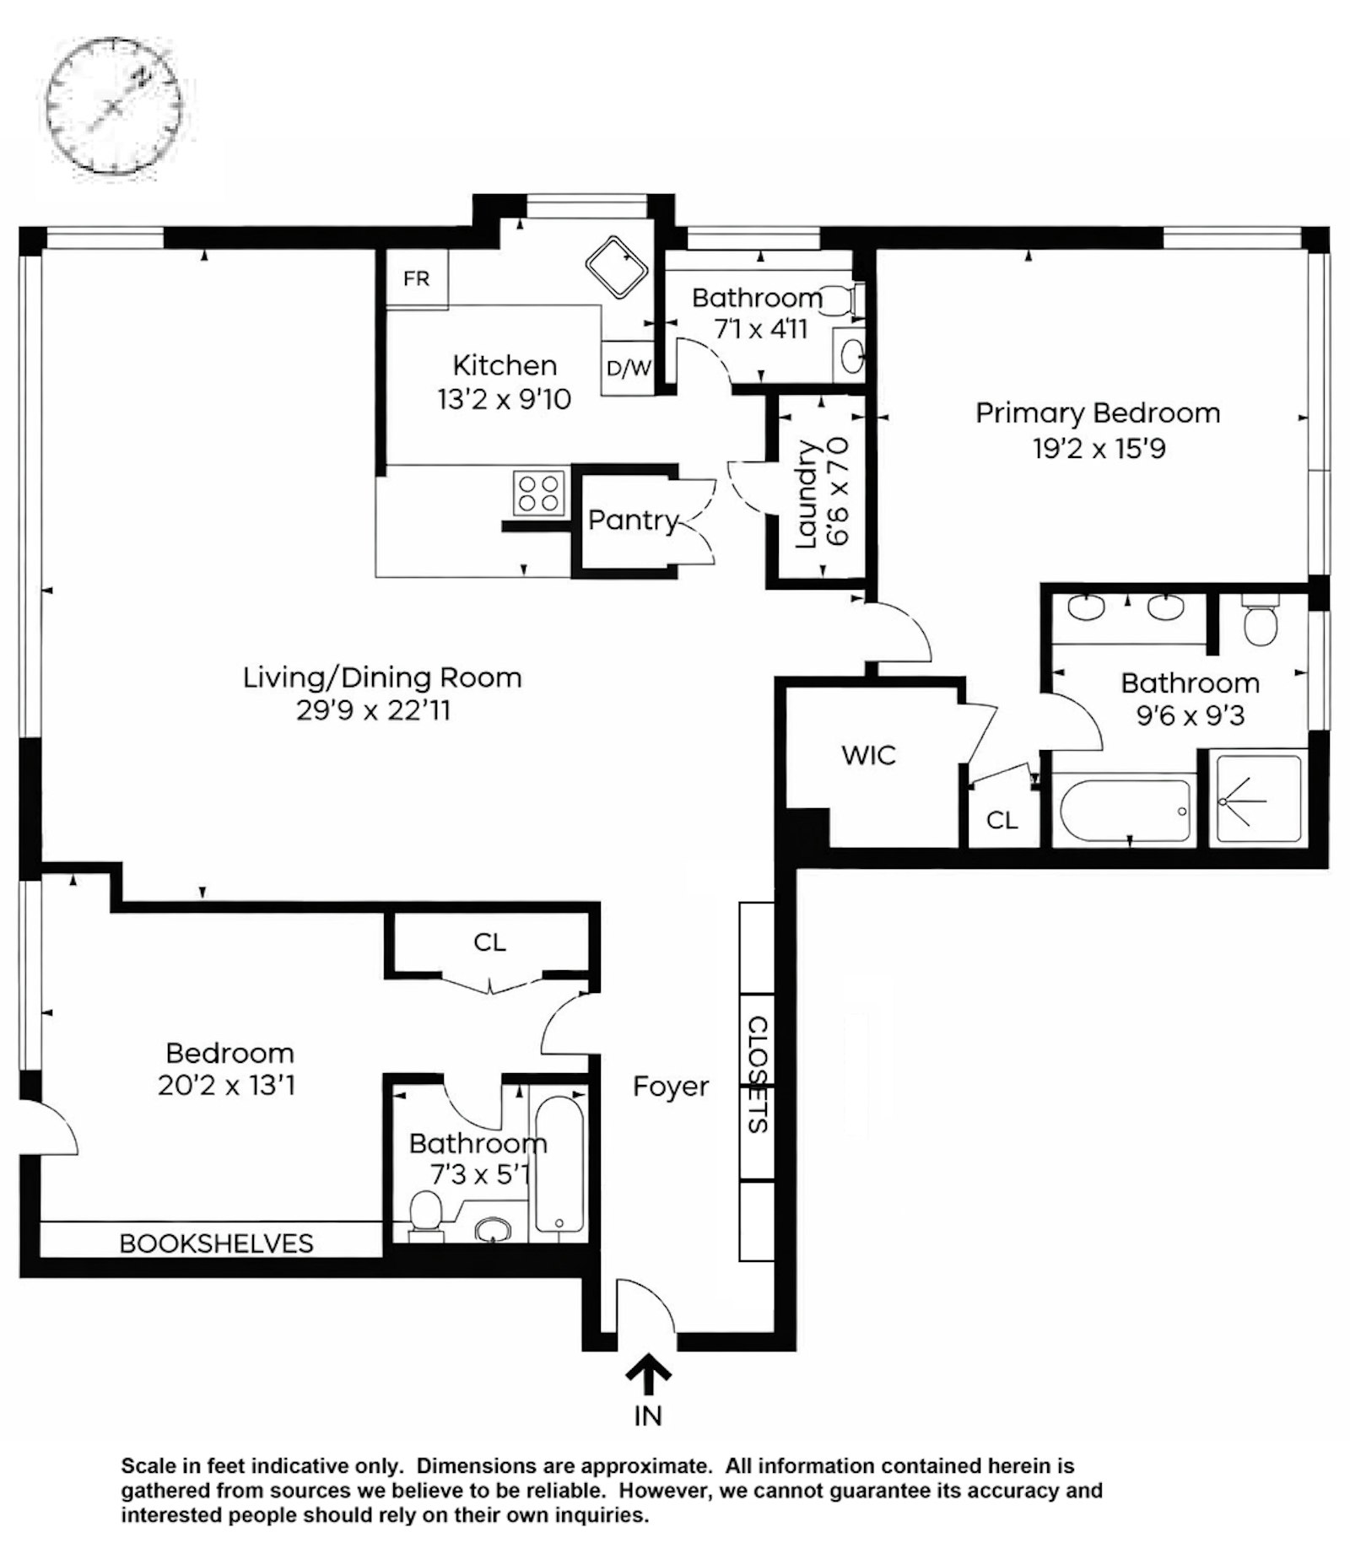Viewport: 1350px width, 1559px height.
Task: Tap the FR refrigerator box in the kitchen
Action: [x=417, y=278]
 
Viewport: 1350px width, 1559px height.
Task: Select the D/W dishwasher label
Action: [x=629, y=368]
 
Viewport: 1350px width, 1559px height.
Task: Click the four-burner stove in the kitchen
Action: [x=539, y=493]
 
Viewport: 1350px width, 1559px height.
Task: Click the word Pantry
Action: [x=633, y=520]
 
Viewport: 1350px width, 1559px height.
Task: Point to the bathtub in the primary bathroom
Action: [x=1124, y=809]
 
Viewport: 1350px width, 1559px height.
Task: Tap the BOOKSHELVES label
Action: [x=217, y=1243]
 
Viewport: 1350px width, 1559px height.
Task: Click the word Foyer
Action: [x=671, y=1087]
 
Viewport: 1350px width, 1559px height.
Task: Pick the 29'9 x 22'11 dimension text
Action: [x=373, y=710]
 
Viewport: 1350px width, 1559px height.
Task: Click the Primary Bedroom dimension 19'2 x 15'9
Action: [x=1099, y=448]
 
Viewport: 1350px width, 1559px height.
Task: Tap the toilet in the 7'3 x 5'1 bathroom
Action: [x=426, y=1216]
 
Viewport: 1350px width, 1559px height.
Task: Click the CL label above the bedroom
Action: [x=489, y=941]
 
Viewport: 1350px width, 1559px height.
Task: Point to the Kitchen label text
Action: [x=505, y=365]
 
